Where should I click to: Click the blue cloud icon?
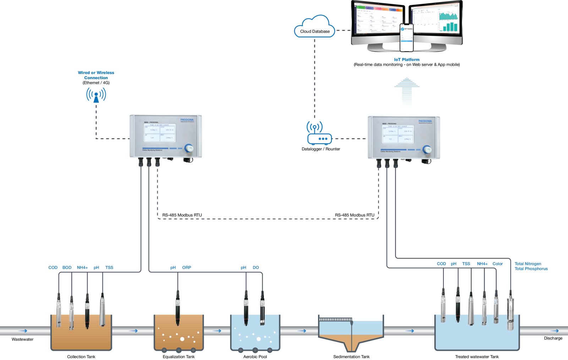pos(314,27)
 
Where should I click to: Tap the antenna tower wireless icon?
pos(96,95)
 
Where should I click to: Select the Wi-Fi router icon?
pos(319,133)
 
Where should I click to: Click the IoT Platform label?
pos(406,60)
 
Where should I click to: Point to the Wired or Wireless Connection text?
pos(96,75)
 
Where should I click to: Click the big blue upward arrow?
pos(407,92)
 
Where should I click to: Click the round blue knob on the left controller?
pos(189,148)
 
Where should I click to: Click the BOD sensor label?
pos(67,267)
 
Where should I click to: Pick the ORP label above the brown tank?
pos(187,267)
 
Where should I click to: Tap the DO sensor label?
pos(256,267)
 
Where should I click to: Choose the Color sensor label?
pos(497,264)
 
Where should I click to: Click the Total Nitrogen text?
pos(528,264)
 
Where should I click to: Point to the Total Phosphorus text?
pos(531,269)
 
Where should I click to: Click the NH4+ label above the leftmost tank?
pos(82,267)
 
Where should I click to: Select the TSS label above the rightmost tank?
pos(466,264)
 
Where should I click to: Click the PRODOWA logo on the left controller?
pos(187,120)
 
